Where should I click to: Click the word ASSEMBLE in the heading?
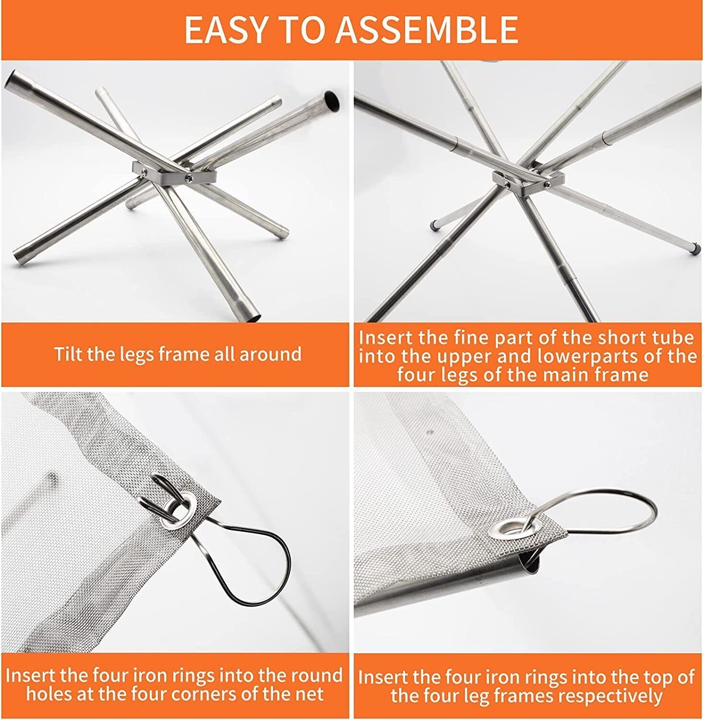click(427, 30)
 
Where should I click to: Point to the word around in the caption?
click(270, 355)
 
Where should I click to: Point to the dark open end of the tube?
click(330, 99)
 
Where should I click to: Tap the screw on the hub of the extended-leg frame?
click(547, 183)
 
